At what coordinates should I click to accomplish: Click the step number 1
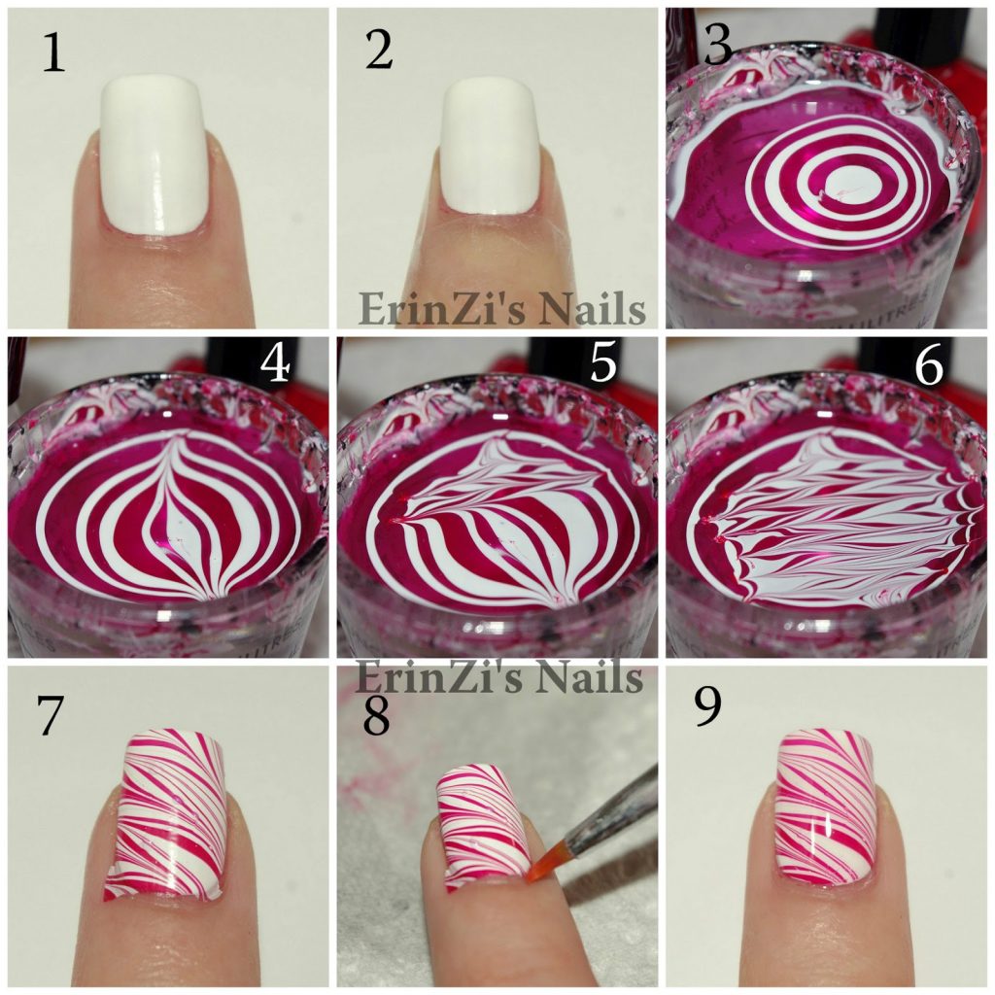point(53,53)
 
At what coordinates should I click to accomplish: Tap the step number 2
point(379,51)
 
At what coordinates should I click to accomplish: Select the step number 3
point(718,46)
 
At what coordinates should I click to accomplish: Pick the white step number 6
point(929,366)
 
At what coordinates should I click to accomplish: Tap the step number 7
point(50,715)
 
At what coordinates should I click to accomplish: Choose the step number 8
point(376,716)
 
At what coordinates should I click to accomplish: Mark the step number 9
point(707,706)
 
